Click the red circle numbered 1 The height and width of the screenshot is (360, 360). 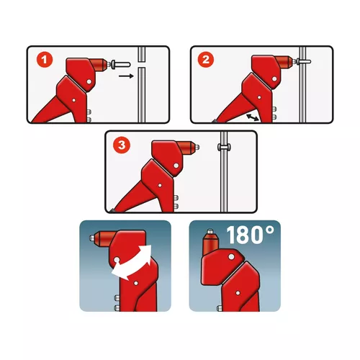(x=45, y=60)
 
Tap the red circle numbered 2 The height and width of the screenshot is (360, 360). (x=206, y=60)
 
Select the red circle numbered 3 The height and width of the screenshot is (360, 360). (x=122, y=145)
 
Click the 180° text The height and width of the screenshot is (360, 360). (x=250, y=235)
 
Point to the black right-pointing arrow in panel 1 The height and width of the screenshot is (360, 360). (x=126, y=76)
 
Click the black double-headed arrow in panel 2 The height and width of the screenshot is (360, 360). (x=253, y=117)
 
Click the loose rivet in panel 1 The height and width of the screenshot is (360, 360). (x=121, y=64)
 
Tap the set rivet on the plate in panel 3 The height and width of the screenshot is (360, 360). (x=224, y=147)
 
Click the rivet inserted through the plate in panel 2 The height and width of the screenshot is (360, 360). (x=304, y=61)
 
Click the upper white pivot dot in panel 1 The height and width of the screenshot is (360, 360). (x=89, y=81)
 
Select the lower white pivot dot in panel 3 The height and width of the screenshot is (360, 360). (x=160, y=185)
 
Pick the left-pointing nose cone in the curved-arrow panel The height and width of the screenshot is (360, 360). (x=104, y=238)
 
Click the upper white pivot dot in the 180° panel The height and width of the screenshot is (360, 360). (x=231, y=256)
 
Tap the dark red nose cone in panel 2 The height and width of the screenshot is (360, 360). (x=284, y=62)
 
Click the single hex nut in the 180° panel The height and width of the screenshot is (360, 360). (x=220, y=307)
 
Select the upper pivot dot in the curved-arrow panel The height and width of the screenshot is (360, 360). (x=117, y=260)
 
